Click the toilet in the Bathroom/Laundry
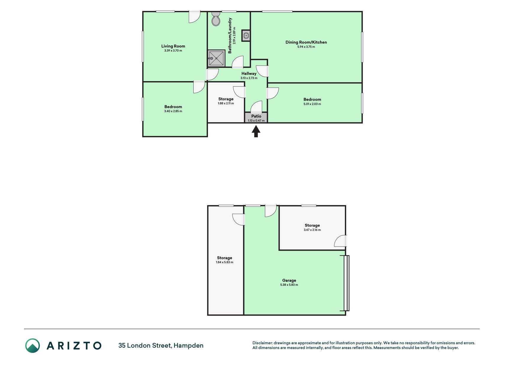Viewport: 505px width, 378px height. click(216, 19)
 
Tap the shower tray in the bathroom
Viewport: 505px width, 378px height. click(216, 58)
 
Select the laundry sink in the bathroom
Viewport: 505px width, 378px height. click(246, 36)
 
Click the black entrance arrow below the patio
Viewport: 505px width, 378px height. click(256, 131)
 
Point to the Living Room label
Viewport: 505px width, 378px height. click(173, 46)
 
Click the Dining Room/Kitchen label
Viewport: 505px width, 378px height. click(306, 42)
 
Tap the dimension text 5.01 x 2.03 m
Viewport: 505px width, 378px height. click(312, 104)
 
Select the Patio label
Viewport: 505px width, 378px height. click(256, 116)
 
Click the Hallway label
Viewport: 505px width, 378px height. click(249, 74)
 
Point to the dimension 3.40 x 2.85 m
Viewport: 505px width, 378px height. click(173, 111)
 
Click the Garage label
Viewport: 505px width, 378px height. click(289, 281)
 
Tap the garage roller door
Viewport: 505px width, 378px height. click(346, 283)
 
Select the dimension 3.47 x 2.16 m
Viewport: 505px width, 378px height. click(312, 230)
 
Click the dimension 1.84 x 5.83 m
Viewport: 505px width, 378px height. click(225, 262)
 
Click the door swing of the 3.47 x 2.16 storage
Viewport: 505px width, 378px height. click(340, 241)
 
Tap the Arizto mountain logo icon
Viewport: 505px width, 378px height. click(33, 346)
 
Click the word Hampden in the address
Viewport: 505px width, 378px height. click(188, 346)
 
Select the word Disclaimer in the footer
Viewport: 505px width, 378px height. click(262, 343)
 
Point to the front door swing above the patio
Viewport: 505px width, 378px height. click(256, 107)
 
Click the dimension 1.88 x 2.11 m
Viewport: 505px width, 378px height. click(226, 103)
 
